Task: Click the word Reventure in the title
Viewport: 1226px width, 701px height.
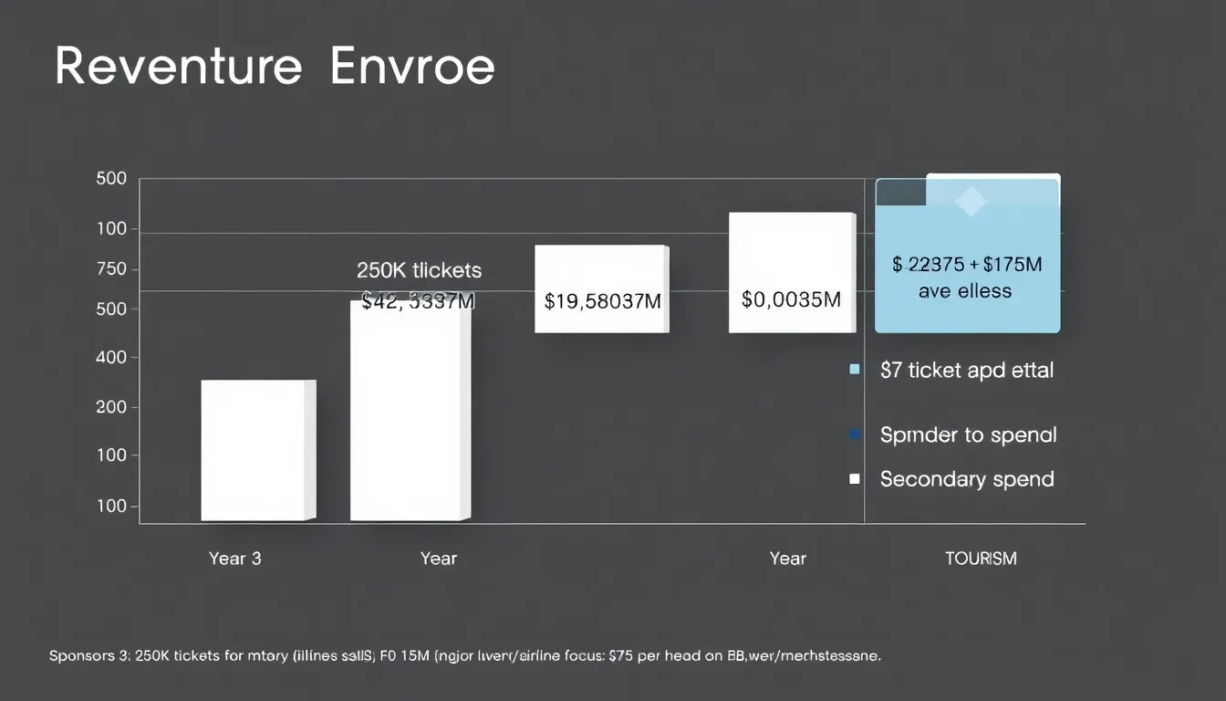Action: pos(178,67)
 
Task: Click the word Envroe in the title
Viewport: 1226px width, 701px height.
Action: pos(412,67)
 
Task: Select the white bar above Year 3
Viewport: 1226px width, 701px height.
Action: pos(257,450)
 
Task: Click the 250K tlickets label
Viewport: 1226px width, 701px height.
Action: pos(419,270)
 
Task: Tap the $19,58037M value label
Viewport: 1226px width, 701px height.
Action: pos(602,300)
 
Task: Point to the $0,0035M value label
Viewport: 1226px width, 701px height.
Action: pos(791,299)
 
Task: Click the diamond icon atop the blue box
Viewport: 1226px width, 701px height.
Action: pos(970,203)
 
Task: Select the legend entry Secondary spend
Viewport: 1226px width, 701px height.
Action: pos(967,479)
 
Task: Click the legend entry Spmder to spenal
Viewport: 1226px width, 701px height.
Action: pos(968,434)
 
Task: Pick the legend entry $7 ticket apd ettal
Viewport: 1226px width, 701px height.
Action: pos(967,370)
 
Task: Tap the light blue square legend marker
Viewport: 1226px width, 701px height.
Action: pos(855,370)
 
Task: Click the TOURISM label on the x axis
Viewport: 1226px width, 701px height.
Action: pos(981,559)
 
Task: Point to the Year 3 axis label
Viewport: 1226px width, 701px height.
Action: pos(234,559)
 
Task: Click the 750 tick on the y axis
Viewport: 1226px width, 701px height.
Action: pos(111,270)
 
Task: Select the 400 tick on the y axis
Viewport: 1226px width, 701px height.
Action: pos(111,359)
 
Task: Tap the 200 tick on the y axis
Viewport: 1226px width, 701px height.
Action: pos(111,407)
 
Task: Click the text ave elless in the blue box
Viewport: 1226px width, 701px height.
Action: pos(965,291)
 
